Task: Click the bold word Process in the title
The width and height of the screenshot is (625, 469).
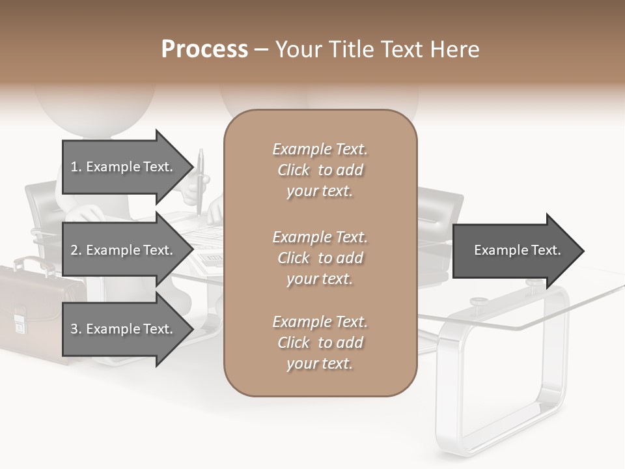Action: click(204, 50)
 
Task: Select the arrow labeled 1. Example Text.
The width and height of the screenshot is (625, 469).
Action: click(124, 167)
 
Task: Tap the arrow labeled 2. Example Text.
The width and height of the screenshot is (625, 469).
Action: click(124, 250)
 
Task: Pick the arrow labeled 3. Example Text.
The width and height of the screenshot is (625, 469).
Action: click(124, 329)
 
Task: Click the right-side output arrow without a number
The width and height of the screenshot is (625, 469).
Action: click(514, 250)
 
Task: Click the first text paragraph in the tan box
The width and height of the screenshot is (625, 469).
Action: click(320, 170)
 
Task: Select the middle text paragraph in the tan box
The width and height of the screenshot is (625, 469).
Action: click(320, 258)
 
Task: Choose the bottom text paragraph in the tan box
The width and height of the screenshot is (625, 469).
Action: click(320, 343)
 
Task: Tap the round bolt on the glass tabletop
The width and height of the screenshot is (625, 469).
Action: click(480, 302)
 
